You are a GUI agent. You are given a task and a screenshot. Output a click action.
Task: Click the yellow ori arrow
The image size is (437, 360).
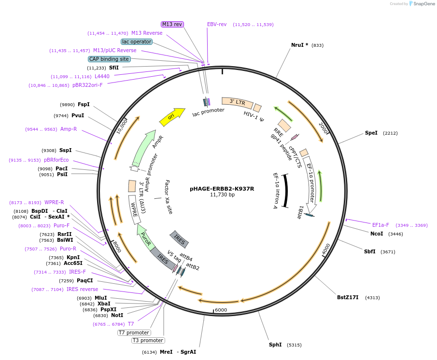coord(172,117)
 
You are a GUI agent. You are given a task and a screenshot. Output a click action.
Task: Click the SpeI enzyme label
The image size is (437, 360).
coord(371,133)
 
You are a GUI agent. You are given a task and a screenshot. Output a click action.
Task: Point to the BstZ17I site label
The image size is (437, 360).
coord(348,297)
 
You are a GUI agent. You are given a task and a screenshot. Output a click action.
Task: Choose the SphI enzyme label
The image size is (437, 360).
coord(275,345)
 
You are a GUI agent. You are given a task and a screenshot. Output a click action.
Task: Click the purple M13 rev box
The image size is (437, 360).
coord(172,24)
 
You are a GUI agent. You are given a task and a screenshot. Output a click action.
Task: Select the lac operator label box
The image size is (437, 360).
coord(137,42)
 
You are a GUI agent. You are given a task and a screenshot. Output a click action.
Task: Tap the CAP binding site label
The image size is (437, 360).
coord(109,59)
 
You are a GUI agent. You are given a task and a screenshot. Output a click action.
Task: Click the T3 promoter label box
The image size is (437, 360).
coord(148,340)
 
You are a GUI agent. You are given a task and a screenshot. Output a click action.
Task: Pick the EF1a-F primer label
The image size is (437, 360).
coord(381,225)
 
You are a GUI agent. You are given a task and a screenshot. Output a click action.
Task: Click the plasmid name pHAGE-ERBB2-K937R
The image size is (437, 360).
coord(222,189)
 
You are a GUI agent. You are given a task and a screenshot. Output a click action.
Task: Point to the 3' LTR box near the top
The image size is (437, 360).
coord(238,103)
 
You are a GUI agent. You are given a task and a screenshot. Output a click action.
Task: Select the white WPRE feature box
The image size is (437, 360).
coord(135,209)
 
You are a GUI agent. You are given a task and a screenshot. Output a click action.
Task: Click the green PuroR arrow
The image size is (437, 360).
coord(145,236)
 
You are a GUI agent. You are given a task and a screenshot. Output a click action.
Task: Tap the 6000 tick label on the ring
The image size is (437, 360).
coord(221,310)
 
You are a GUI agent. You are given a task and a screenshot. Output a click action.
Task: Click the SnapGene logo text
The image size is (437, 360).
coord(423,4)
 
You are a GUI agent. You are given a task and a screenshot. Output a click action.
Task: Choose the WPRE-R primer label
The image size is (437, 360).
coord(54,202)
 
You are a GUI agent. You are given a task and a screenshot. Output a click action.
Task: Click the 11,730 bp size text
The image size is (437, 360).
coord(223,194)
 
